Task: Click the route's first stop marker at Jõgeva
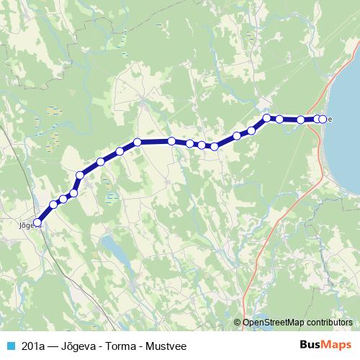pyautogui.click(x=38, y=223)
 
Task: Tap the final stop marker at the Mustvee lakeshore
pyautogui.click(x=323, y=119)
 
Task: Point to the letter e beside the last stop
pyautogui.click(x=330, y=120)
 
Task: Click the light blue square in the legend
pyautogui.click(x=10, y=345)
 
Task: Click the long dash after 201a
pyautogui.click(x=55, y=345)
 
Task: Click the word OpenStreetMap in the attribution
pyautogui.click(x=274, y=323)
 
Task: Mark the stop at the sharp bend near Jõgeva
pyautogui.click(x=79, y=175)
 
